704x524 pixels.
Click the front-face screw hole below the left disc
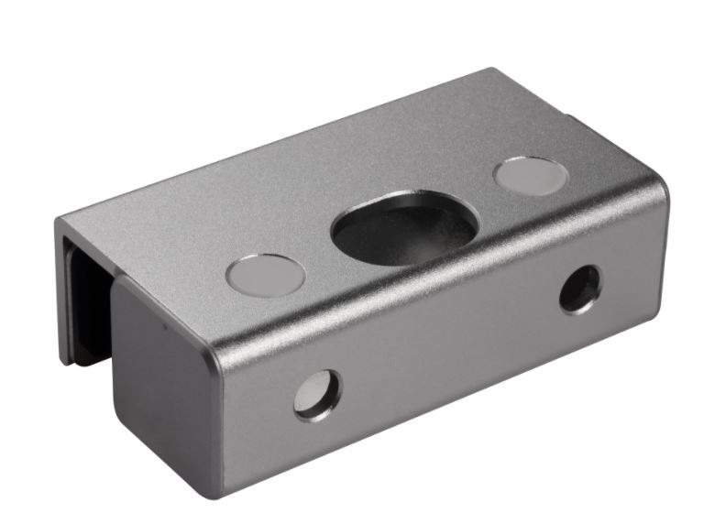coord(316,394)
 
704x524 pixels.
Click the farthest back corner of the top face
coord(496,71)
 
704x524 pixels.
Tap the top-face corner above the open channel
coord(60,220)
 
